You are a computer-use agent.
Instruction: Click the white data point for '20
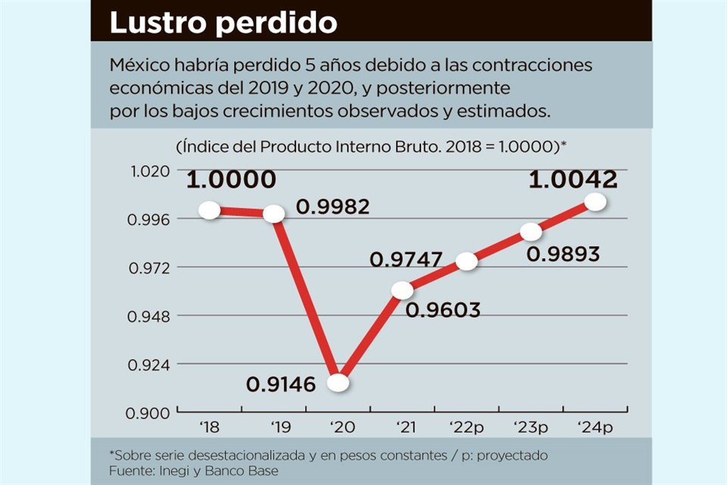(x=339, y=383)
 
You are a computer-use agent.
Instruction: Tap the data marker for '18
(x=210, y=211)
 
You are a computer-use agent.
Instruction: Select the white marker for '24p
(x=596, y=202)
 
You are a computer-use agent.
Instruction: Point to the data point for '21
(x=403, y=290)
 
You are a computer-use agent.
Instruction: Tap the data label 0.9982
(x=332, y=206)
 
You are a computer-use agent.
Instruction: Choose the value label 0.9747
(x=406, y=259)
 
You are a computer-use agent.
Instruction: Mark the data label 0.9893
(x=563, y=254)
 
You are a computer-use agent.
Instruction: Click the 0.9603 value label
(x=444, y=310)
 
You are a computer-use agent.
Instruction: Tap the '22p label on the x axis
(x=466, y=427)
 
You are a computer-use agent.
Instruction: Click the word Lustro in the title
(x=158, y=23)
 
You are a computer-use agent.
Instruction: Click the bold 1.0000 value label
(x=231, y=180)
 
